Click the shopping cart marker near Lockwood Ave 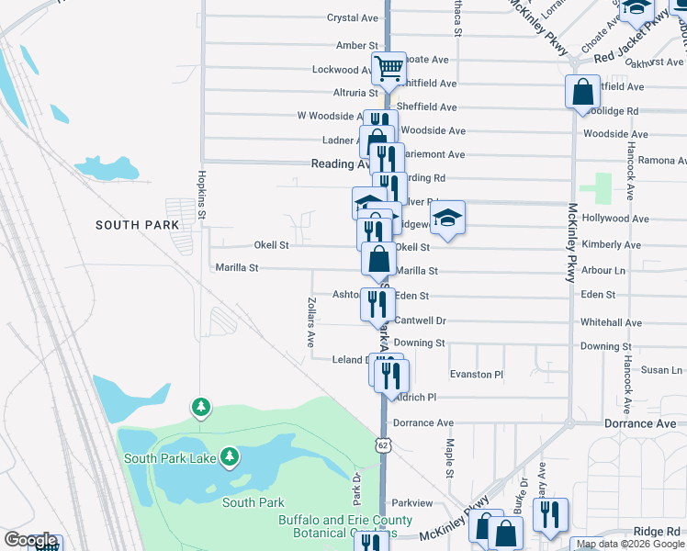point(389,67)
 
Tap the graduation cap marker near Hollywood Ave point(447,218)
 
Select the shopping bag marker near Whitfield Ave point(583,92)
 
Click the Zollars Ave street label point(310,321)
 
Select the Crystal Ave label point(353,17)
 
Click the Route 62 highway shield point(381,444)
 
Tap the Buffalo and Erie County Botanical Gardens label point(338,525)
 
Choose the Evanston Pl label point(477,375)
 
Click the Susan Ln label point(661,370)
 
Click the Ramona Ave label point(657,160)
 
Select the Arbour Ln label point(603,271)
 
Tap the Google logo point(29,541)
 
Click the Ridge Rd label point(657,532)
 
